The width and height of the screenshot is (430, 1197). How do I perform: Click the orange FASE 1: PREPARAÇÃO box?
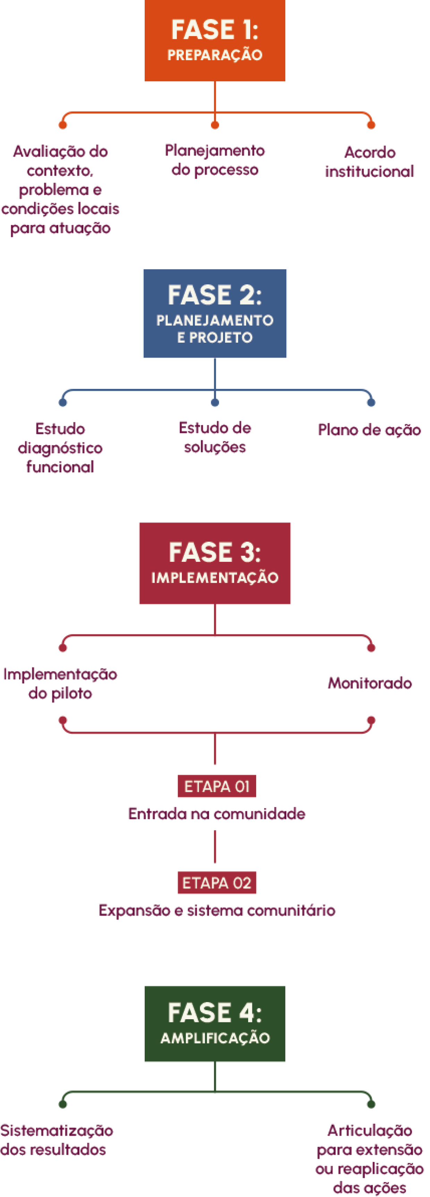[214, 41]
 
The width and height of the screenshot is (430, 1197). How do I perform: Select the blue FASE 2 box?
[214, 314]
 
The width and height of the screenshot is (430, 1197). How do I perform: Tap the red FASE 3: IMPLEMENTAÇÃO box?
[214, 563]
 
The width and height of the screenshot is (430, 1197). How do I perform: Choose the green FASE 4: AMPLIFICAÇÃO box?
[214, 1024]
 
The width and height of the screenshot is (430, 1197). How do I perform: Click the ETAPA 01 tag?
[217, 786]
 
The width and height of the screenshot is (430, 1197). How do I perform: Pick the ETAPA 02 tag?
[217, 883]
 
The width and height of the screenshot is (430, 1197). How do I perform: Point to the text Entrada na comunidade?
[217, 814]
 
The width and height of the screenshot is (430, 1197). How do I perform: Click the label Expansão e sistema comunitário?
[217, 910]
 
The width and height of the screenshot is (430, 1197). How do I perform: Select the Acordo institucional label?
[370, 162]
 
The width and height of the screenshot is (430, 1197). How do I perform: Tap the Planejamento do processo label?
[214, 160]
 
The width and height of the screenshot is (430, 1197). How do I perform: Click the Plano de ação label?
[369, 430]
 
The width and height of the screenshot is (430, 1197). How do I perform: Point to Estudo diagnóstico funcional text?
[60, 448]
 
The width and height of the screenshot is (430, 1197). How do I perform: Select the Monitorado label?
[370, 683]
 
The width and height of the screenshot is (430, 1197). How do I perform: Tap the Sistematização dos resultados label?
[57, 1140]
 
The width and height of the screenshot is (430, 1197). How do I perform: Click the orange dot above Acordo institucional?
[371, 125]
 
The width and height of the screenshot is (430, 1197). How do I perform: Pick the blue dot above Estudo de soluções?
[214, 402]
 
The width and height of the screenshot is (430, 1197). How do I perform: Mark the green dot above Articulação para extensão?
[371, 1104]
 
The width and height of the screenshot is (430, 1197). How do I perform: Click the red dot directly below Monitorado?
[371, 720]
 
